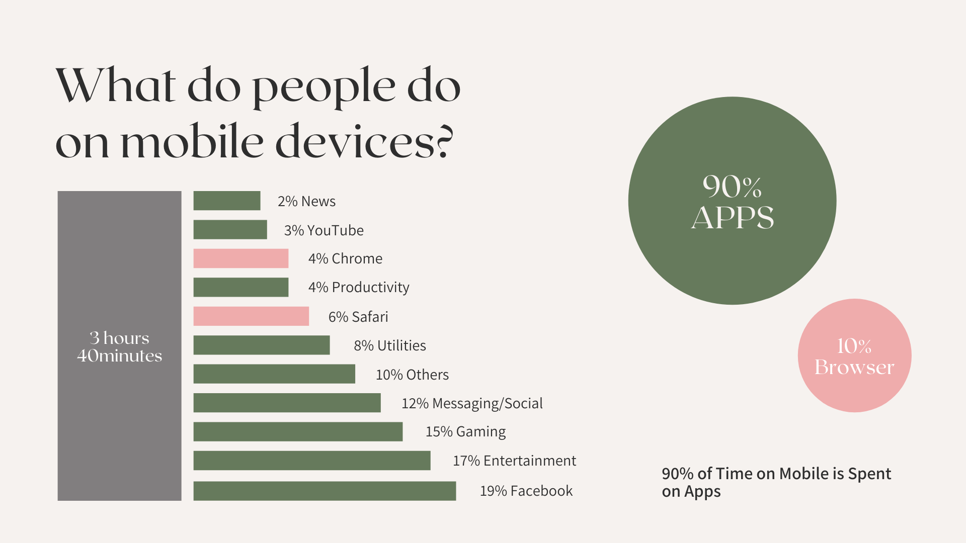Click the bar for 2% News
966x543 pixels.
[227, 201]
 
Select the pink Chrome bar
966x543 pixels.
[241, 258]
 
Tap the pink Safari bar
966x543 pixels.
[251, 316]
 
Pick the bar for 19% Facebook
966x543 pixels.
[325, 491]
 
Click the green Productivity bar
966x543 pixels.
[241, 287]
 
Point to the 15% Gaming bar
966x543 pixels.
[298, 431]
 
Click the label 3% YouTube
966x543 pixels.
[324, 230]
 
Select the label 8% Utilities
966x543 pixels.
[390, 345]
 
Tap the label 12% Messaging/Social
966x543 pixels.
[472, 403]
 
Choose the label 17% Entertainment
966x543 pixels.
[514, 461]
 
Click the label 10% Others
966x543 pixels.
[412, 375]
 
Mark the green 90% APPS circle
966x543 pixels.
[732, 201]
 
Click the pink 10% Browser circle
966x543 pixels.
[854, 355]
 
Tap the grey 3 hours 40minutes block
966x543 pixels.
[119, 346]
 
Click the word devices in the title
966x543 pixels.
[356, 141]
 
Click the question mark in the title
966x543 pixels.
[445, 141]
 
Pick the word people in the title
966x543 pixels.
[324, 88]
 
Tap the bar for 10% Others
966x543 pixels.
[274, 374]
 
